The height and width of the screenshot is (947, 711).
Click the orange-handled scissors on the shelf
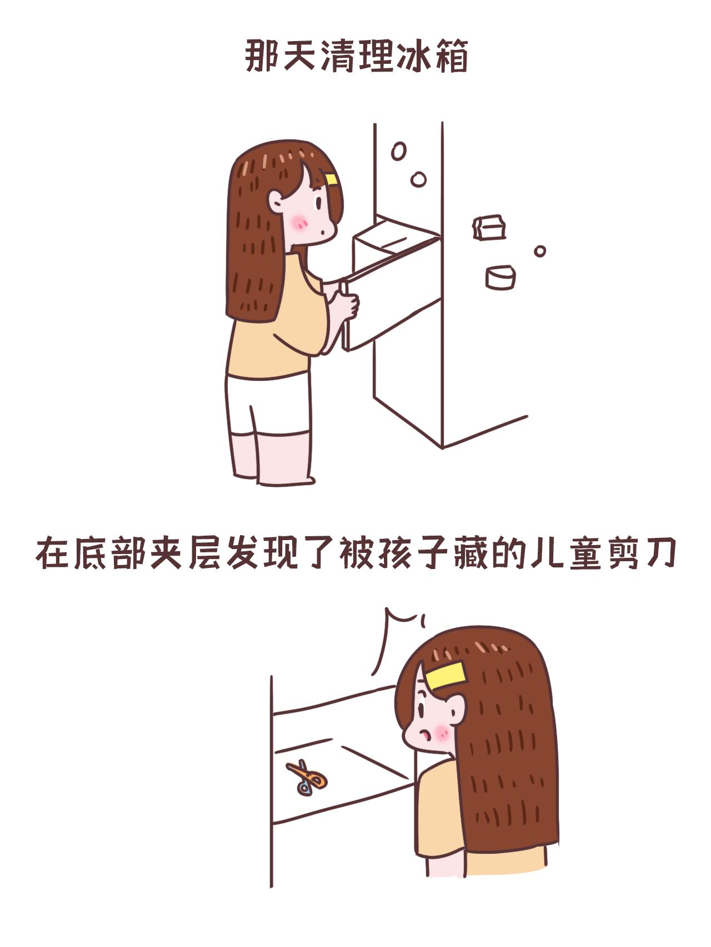click(306, 778)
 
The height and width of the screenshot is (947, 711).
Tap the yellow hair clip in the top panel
click(332, 179)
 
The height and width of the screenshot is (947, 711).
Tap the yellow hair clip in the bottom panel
click(446, 676)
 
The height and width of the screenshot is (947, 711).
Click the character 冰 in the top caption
click(412, 57)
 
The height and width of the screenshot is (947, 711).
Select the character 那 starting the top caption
click(262, 57)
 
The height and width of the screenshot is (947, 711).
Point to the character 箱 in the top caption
click(450, 57)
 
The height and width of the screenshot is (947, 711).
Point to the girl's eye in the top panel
click(319, 202)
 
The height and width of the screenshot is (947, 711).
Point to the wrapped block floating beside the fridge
click(488, 228)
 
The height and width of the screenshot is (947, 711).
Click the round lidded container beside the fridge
click(500, 277)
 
